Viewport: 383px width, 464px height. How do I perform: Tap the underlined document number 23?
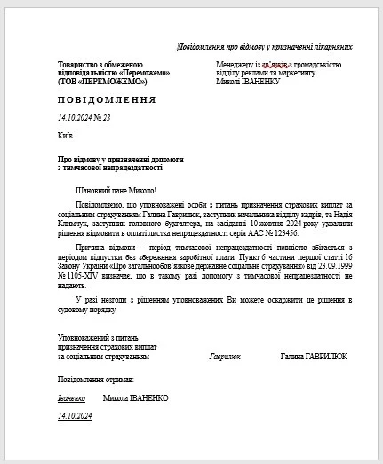(107, 117)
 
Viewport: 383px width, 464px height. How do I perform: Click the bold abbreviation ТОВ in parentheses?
(70, 82)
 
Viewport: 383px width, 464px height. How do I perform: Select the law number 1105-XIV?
(81, 277)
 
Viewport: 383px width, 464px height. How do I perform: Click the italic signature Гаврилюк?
(225, 357)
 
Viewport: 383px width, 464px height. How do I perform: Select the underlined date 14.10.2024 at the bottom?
(75, 415)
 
